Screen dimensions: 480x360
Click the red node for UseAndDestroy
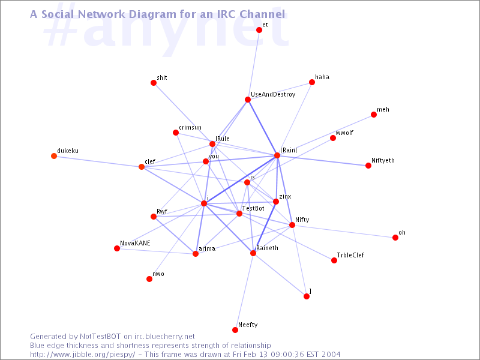click(248, 100)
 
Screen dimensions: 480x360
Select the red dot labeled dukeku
click(54, 156)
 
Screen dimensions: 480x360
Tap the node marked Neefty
click(235, 329)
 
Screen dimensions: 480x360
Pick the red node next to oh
click(395, 238)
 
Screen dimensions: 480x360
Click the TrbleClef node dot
click(334, 260)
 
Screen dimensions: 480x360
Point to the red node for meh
click(373, 115)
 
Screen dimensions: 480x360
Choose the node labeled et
click(259, 29)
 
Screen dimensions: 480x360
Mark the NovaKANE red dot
click(117, 248)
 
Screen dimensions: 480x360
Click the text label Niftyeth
click(383, 160)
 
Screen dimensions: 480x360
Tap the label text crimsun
click(190, 127)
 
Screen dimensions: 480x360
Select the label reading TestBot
click(253, 208)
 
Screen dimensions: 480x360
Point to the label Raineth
click(267, 248)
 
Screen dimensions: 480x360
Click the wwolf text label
click(344, 133)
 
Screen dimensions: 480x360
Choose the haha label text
click(322, 77)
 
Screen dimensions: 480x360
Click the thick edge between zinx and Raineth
click(265, 227)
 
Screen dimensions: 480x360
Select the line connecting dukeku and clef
click(98, 161)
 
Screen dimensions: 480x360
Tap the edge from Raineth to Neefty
click(244, 292)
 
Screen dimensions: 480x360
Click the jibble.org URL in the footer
click(82, 355)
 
